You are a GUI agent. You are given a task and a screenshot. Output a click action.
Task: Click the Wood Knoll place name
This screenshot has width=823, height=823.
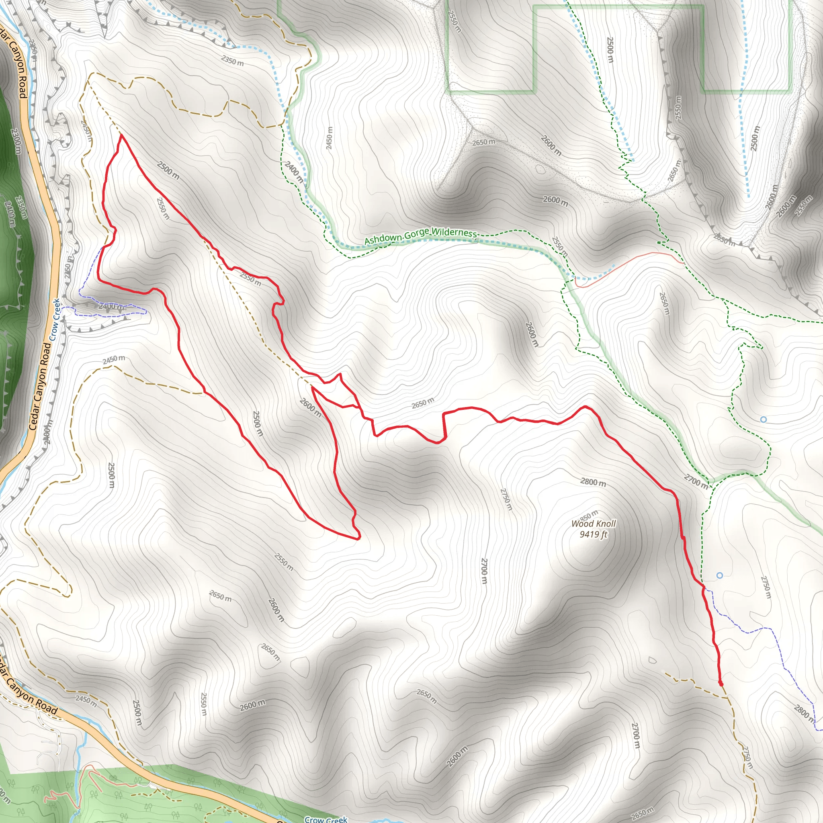tap(594, 524)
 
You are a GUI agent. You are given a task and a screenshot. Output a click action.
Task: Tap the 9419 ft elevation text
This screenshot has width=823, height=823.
tap(594, 534)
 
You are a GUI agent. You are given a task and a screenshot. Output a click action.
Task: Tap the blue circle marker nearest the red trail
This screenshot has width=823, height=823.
tap(719, 575)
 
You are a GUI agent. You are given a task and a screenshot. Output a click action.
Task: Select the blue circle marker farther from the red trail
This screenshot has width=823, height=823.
tap(764, 420)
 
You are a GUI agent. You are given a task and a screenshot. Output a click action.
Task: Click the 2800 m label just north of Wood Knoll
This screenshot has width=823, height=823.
tap(593, 482)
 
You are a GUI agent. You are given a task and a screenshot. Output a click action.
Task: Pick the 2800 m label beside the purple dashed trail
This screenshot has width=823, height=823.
tap(804, 714)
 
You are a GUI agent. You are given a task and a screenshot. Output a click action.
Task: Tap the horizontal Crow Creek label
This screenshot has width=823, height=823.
tap(326, 819)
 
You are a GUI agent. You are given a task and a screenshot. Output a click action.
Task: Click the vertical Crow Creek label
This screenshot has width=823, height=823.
tap(56, 319)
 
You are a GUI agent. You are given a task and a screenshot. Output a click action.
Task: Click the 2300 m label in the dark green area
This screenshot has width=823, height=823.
tap(16, 141)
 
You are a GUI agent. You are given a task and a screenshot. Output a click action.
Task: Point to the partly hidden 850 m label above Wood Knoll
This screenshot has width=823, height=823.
tap(589, 515)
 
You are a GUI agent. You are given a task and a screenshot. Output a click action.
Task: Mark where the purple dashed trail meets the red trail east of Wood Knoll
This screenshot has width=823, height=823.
tap(703, 588)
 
